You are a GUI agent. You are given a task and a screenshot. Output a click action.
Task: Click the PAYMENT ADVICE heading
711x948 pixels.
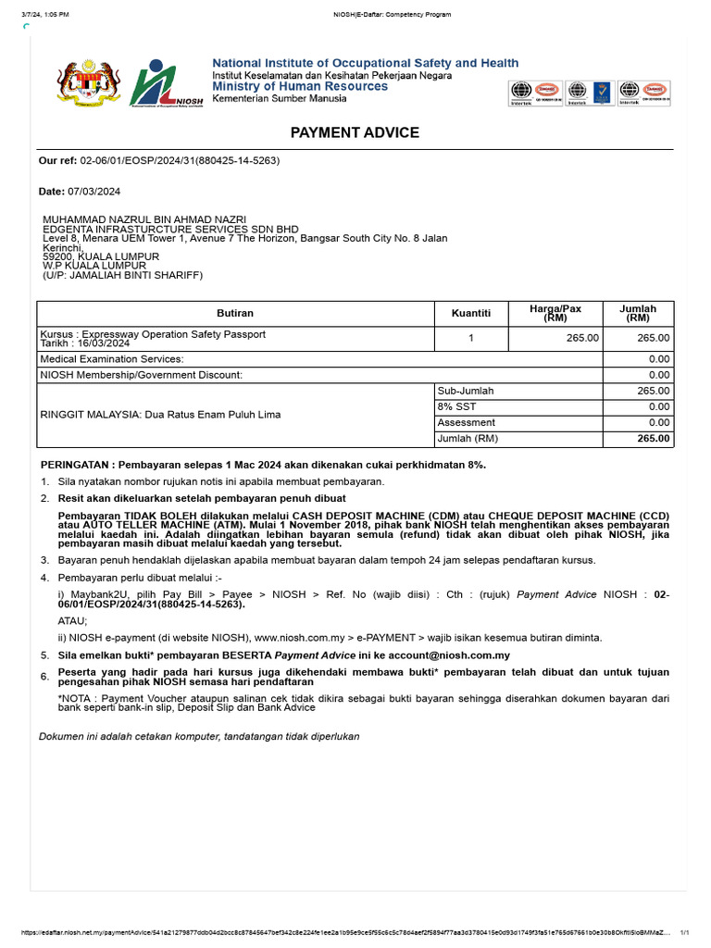[x=355, y=132]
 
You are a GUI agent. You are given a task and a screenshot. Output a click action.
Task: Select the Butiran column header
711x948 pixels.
[x=235, y=314]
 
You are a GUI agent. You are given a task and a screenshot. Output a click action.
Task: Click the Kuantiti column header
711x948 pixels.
[x=470, y=314]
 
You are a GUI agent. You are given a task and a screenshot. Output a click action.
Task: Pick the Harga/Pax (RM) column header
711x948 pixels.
[x=555, y=313]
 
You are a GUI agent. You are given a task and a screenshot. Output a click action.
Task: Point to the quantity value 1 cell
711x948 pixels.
[x=470, y=339]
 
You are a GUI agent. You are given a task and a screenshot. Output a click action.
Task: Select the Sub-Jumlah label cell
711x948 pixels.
[x=466, y=391]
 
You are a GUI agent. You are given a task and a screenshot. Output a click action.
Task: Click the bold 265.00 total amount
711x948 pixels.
[x=653, y=439]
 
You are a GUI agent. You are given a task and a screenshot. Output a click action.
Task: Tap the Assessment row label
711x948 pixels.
[x=467, y=423]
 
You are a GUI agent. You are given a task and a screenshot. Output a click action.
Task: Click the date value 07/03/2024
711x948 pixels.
[x=94, y=192]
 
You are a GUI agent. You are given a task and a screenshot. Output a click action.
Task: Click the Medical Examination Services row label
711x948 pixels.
[x=112, y=359]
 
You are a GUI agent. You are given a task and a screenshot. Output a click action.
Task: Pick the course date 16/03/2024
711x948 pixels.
[x=106, y=343]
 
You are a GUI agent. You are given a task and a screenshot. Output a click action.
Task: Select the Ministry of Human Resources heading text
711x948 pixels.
[x=300, y=86]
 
